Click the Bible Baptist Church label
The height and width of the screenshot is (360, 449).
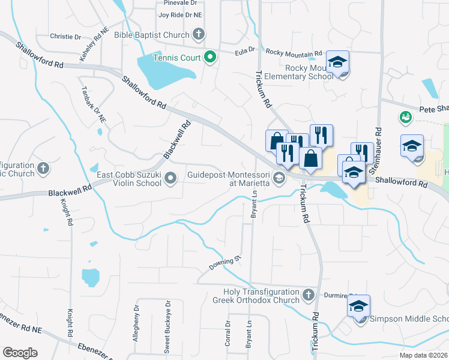tap(152, 35)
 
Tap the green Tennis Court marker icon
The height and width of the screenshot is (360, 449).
tap(210, 58)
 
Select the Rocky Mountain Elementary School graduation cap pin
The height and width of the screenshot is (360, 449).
tap(338, 62)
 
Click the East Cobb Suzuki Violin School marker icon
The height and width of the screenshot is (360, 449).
tap(171, 178)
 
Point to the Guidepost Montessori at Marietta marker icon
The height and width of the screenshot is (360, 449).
tap(279, 178)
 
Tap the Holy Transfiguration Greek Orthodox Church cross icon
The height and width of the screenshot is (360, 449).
tap(308, 295)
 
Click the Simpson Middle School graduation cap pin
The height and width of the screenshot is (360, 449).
tap(358, 307)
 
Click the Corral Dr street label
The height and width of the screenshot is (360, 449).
tap(228, 332)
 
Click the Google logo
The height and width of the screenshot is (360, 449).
tap(20, 353)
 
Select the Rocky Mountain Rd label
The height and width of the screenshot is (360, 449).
tap(294, 53)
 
